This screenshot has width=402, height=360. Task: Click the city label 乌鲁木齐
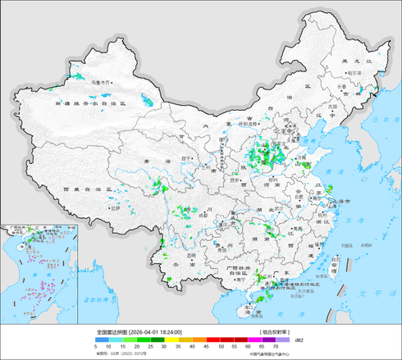click(101, 82)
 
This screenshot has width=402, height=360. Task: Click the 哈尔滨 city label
click(354, 73)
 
